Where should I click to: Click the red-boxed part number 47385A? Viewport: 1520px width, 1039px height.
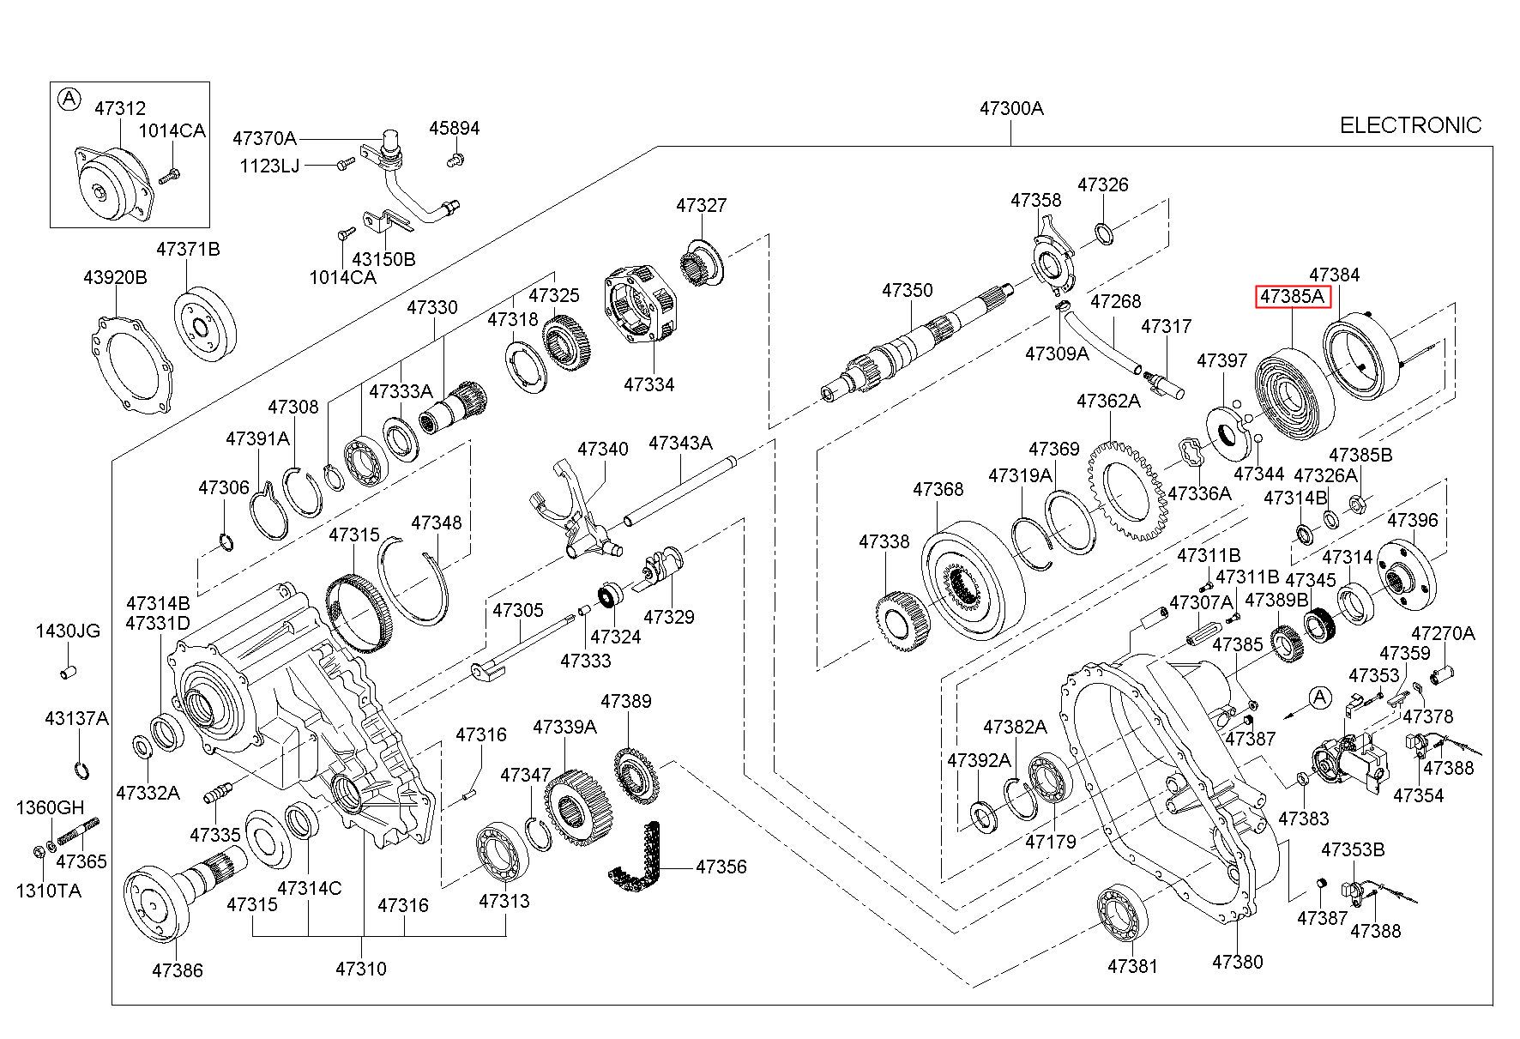[1292, 298]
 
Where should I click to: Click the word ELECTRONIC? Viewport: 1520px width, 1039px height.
[1410, 125]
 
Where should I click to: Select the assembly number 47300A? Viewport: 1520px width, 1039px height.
[1011, 109]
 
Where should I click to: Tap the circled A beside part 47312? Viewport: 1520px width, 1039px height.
[68, 100]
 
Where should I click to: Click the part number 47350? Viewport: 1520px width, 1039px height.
[907, 290]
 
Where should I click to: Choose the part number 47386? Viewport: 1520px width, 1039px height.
[178, 970]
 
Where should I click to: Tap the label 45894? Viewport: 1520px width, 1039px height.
[455, 129]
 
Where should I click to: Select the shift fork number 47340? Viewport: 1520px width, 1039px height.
[602, 449]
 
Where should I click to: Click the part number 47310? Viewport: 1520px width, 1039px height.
[361, 969]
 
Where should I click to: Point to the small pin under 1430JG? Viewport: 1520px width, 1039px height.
[68, 671]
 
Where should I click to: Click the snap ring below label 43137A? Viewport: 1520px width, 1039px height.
[81, 770]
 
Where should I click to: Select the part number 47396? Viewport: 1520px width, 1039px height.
[1412, 520]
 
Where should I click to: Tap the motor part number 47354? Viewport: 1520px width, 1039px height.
[1418, 795]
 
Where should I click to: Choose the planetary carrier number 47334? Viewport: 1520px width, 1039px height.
[648, 384]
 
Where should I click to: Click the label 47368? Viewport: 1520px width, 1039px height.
[938, 489]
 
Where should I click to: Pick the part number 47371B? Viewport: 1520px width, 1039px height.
[188, 249]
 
